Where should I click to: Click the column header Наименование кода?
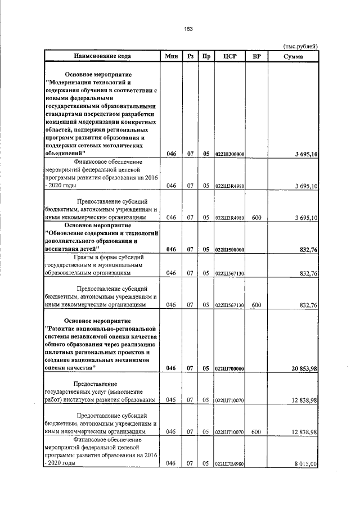click(x=100, y=56)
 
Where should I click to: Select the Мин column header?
click(x=172, y=56)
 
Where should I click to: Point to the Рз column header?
click(x=191, y=56)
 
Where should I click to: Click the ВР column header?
click(x=256, y=56)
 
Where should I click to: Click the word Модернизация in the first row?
click(x=73, y=82)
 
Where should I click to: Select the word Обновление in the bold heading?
click(x=74, y=233)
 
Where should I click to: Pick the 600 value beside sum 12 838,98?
click(x=256, y=432)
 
